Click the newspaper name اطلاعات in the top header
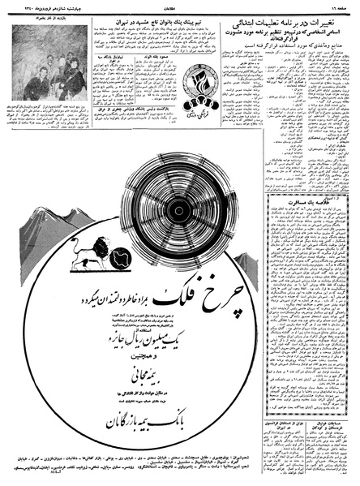[180, 5]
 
